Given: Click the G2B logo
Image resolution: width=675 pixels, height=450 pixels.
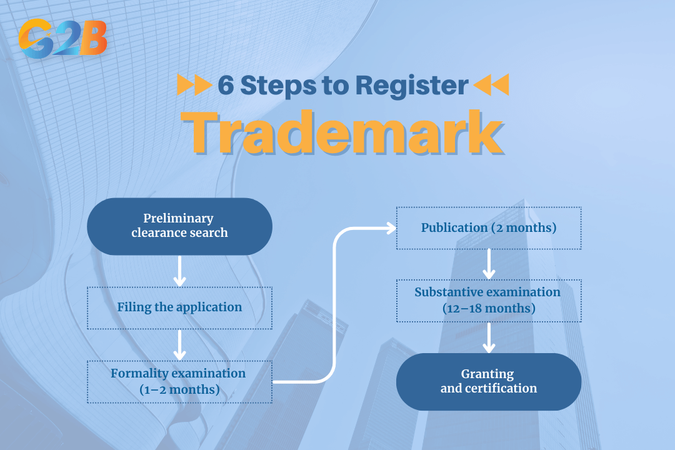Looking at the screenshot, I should [62, 38].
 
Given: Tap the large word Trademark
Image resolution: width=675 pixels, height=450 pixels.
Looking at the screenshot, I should [346, 132].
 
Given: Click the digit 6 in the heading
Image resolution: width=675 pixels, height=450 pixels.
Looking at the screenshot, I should [226, 85].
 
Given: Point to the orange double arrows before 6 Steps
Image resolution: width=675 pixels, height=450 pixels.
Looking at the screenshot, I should [193, 85].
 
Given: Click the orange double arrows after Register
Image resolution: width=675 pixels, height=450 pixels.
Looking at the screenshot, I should [491, 85].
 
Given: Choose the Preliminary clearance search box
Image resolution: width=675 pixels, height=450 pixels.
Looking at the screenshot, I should [179, 226].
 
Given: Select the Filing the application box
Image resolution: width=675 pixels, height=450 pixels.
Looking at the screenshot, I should [179, 307].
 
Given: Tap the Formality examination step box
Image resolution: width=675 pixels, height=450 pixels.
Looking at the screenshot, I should [179, 381].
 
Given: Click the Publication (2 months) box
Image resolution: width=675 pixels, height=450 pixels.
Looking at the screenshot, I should [489, 228].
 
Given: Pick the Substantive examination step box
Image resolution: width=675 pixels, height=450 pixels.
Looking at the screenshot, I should [489, 300].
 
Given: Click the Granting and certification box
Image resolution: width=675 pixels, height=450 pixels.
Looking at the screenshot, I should [489, 381].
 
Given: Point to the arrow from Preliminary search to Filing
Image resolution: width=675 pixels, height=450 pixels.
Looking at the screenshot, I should [179, 271].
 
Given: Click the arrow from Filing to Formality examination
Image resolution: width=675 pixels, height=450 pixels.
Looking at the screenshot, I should [179, 344].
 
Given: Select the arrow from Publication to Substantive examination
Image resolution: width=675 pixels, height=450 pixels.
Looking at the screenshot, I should [489, 264].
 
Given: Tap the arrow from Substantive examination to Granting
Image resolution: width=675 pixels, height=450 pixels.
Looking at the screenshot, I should [489, 338].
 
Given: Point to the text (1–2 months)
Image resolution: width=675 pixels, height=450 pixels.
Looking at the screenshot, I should [179, 390].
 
